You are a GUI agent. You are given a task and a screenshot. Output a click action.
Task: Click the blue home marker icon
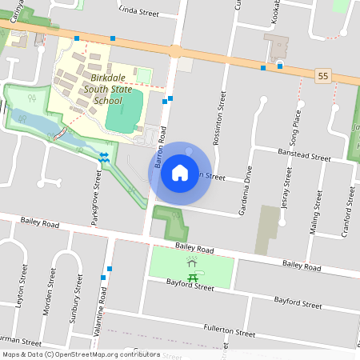pos(180,172)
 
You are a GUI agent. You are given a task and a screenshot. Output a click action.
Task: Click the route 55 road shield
pos(322,74)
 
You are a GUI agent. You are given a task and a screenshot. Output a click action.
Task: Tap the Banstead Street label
pos(303,155)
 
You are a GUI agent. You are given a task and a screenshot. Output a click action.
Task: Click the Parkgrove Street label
pos(96,197)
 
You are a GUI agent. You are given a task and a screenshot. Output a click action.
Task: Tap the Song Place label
pos(297,124)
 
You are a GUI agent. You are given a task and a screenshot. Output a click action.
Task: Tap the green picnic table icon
pos(192,277)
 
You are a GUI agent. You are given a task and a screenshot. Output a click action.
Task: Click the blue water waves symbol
pos(104,156)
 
